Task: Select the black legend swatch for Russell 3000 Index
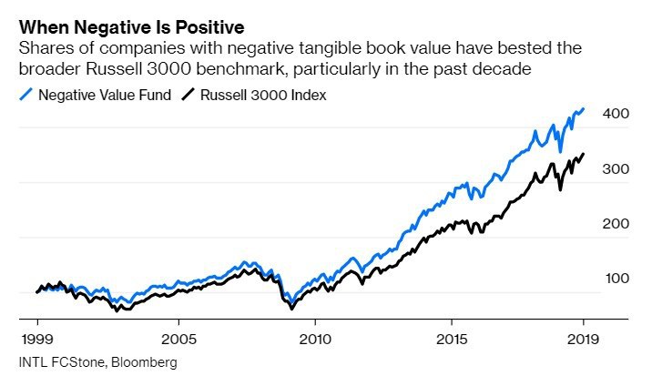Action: point(189,95)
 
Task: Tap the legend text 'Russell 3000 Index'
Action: point(264,95)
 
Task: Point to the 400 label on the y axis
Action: point(615,114)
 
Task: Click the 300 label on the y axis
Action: point(615,169)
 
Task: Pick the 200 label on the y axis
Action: point(615,224)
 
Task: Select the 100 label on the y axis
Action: point(615,279)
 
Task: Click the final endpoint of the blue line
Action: point(584,108)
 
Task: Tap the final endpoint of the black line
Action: point(584,154)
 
